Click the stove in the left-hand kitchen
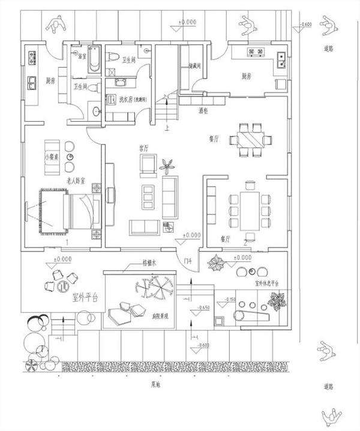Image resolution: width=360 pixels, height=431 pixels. point(31,58)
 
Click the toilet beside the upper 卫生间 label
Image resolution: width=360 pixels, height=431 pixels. point(113,58)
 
